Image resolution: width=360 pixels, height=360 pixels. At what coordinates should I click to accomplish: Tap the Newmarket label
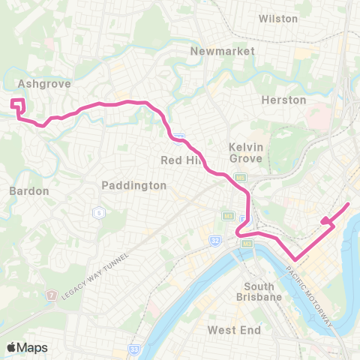(x=223, y=51)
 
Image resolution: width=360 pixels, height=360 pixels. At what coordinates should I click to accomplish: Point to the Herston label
(x=283, y=100)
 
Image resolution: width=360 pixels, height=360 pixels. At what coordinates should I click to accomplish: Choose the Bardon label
(x=29, y=190)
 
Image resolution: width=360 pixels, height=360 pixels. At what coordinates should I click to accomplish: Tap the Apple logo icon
(x=12, y=346)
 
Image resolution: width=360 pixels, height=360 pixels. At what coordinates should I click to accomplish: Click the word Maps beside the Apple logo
(x=34, y=346)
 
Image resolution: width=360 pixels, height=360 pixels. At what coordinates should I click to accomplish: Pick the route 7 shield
(x=51, y=295)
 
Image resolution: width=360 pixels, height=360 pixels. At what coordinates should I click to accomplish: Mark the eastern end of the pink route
(x=349, y=204)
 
